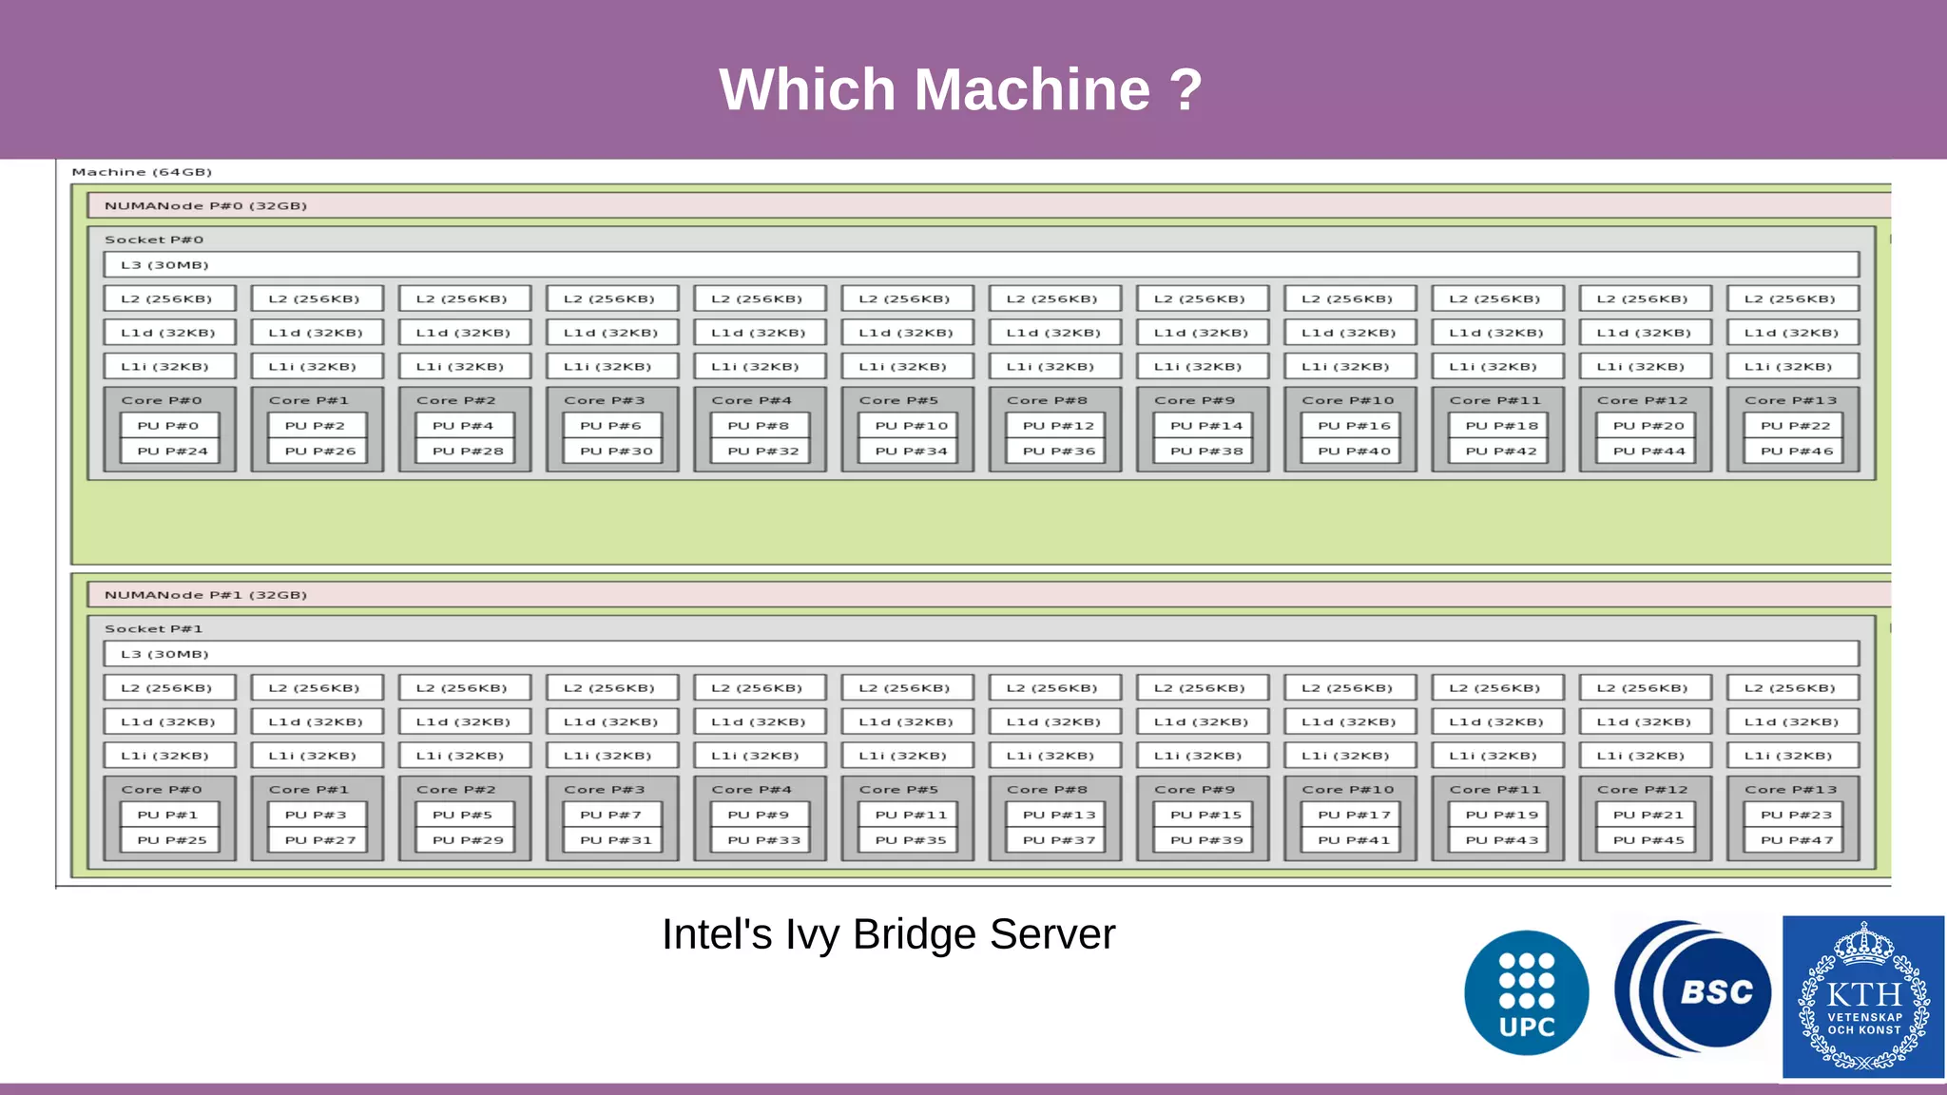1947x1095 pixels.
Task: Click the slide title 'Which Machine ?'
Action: [x=960, y=89]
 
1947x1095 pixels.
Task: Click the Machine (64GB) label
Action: [x=142, y=172]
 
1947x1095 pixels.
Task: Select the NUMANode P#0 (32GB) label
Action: [x=205, y=205]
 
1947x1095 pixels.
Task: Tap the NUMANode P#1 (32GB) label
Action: [x=205, y=595]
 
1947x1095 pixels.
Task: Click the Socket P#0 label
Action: [x=154, y=240]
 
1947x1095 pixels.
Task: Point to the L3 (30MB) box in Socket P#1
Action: [x=980, y=654]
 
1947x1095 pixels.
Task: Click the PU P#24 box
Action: [x=171, y=451]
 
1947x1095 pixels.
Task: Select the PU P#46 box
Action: [x=1795, y=451]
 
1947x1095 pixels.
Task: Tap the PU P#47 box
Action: [x=1795, y=840]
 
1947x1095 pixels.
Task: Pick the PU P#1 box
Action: [x=168, y=815]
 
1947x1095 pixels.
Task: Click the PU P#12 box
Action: [x=1057, y=426]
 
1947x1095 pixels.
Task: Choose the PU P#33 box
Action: [x=762, y=840]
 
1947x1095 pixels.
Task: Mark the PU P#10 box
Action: [x=911, y=426]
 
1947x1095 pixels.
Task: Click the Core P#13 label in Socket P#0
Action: [x=1790, y=400]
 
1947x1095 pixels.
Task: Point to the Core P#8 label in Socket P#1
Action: [x=1047, y=790]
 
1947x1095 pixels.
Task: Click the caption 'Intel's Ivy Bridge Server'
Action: [x=888, y=934]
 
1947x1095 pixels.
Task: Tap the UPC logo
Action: [x=1526, y=992]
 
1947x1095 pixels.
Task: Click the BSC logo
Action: [x=1692, y=990]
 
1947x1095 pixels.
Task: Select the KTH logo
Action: [x=1862, y=996]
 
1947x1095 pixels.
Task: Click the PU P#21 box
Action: [x=1648, y=815]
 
